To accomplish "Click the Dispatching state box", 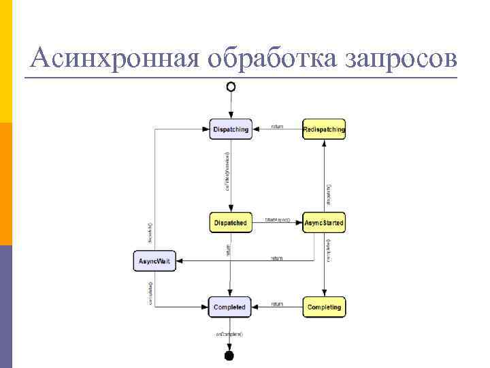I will (x=231, y=129).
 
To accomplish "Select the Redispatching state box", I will (x=324, y=129).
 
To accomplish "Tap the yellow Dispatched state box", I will (x=230, y=223).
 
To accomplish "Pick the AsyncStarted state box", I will (x=324, y=223).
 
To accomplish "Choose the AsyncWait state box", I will (x=154, y=261).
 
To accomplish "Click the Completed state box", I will (x=229, y=307).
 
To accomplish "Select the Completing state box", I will (x=324, y=307).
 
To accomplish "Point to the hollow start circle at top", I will (x=231, y=87).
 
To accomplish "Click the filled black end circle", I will (x=229, y=355).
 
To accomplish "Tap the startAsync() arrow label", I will (x=278, y=219).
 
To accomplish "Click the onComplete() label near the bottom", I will (x=229, y=334).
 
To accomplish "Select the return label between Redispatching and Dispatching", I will (x=277, y=126).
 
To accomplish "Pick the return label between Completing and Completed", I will (x=277, y=304).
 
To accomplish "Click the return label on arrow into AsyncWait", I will (x=277, y=258).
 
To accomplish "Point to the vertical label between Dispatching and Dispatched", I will (x=228, y=170).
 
